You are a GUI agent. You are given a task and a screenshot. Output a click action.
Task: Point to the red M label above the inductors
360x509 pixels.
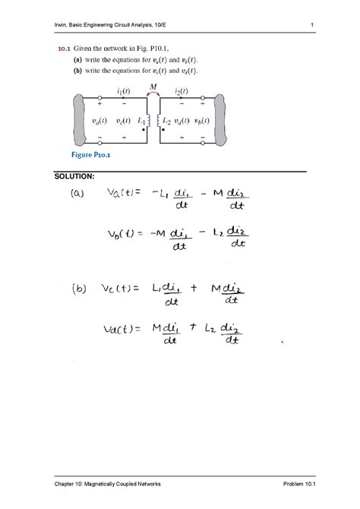[153, 87]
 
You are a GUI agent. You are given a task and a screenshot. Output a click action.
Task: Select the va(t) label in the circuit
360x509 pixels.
[96, 120]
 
